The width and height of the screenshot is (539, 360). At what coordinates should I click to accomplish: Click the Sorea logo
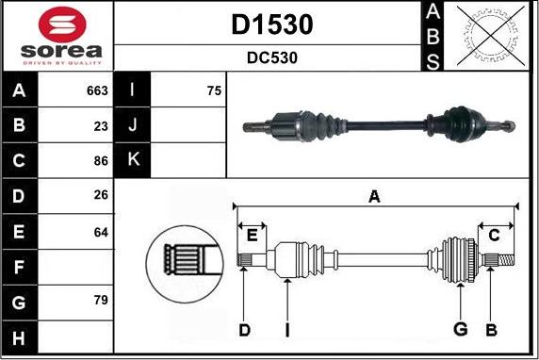[57, 35]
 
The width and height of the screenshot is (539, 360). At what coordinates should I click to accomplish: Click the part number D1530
[271, 25]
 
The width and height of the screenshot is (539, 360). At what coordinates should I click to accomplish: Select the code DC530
[271, 57]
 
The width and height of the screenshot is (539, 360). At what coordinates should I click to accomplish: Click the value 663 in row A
[97, 91]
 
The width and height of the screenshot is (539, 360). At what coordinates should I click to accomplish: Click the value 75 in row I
[213, 91]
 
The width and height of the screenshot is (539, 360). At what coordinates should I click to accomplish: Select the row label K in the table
[133, 160]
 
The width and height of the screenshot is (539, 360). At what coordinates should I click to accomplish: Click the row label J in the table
[133, 124]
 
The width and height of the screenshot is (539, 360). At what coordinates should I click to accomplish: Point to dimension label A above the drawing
[374, 197]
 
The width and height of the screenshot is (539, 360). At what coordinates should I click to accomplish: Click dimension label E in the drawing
[252, 234]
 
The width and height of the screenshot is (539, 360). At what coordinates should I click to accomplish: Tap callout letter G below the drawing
[460, 329]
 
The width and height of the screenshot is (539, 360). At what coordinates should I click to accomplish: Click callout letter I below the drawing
[286, 329]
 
